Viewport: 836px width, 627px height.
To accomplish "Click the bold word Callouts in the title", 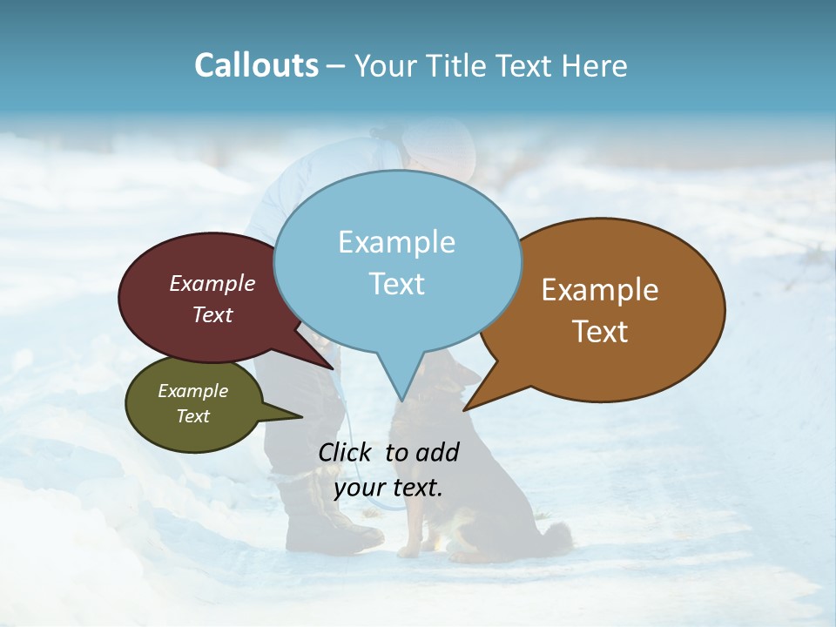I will (x=256, y=65).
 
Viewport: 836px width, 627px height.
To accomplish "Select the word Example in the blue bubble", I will (x=396, y=242).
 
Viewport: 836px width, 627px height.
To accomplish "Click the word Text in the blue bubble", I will (x=396, y=284).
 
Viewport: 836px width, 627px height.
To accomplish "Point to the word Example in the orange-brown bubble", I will (x=600, y=290).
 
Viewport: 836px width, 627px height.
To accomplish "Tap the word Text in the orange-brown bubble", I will (x=600, y=332).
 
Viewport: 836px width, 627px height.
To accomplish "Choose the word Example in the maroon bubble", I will (x=212, y=283).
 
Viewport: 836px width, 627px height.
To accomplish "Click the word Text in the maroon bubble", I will (x=212, y=314).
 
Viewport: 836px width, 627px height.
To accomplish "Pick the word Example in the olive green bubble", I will (x=192, y=391).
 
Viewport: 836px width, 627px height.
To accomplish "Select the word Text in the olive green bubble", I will (x=192, y=416).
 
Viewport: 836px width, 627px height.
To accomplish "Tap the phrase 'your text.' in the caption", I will (x=388, y=488).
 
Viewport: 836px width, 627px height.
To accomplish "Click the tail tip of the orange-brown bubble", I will (x=465, y=408).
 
